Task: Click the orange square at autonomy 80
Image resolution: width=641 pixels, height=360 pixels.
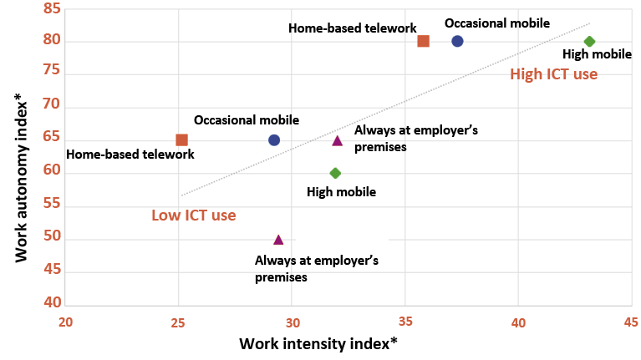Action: [424, 41]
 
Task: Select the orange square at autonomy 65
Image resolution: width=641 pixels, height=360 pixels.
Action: [181, 139]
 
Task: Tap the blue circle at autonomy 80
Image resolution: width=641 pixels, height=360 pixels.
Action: [457, 41]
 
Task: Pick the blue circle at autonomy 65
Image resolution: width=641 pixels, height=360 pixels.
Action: [274, 139]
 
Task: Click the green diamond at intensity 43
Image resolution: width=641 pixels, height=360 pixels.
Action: [589, 41]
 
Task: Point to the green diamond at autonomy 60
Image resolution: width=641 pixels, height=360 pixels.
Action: [335, 173]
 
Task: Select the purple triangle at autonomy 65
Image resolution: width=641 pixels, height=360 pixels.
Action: [337, 139]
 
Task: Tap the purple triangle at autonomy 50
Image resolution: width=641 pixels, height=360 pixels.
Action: [278, 239]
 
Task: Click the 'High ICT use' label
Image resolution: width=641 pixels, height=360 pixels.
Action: [553, 74]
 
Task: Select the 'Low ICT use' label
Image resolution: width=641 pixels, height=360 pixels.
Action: [193, 215]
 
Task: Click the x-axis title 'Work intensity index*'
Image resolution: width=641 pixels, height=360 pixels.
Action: [317, 343]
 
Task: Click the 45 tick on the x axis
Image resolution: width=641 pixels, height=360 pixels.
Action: [631, 322]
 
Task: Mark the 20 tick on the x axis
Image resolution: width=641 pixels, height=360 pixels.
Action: [66, 322]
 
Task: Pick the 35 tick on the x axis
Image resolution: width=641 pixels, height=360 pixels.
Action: [404, 322]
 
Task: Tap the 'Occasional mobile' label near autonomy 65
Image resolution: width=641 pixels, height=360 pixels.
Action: [247, 120]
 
